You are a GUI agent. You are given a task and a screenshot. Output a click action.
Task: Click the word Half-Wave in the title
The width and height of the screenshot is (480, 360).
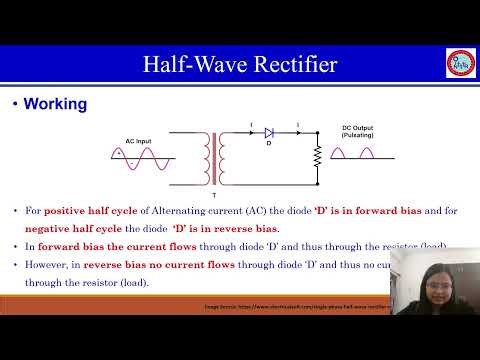(x=187, y=66)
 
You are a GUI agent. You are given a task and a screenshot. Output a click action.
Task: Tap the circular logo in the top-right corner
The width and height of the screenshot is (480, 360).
(x=459, y=62)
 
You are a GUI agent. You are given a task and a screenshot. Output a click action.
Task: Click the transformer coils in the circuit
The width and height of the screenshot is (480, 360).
(x=213, y=157)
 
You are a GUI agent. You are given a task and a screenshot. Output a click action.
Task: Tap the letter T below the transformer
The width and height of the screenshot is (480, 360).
(x=213, y=181)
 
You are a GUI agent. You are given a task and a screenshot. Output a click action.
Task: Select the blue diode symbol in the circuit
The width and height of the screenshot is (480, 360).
(x=269, y=132)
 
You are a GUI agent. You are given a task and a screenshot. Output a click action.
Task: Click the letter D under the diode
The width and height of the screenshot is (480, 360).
(x=269, y=143)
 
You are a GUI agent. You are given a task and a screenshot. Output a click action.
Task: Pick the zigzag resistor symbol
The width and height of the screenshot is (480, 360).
(x=317, y=157)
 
